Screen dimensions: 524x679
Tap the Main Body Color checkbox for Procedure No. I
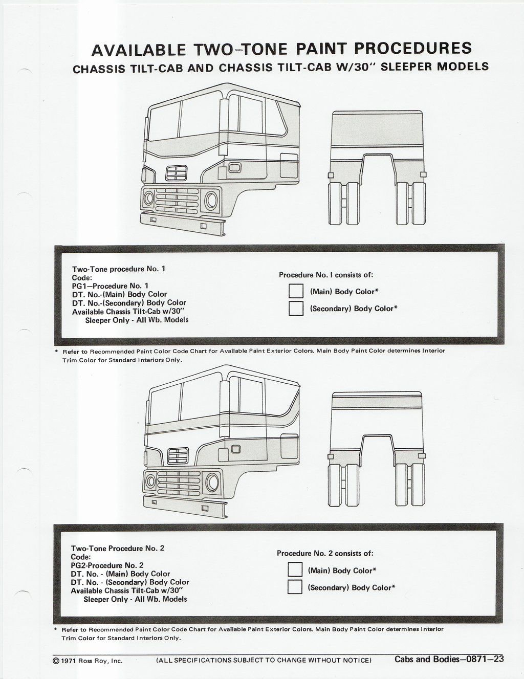click(x=296, y=291)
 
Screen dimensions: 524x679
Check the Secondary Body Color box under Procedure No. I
click(x=296, y=309)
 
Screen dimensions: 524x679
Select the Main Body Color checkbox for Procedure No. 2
click(x=295, y=569)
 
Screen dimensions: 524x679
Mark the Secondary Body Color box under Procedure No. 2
click(x=295, y=586)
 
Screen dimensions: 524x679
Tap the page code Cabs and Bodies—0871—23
click(x=449, y=659)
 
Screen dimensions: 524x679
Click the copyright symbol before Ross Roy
click(x=56, y=661)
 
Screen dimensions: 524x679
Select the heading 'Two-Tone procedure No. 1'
click(x=119, y=269)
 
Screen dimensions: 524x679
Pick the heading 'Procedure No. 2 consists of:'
click(x=325, y=553)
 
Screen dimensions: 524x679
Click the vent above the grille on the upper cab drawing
click(x=177, y=173)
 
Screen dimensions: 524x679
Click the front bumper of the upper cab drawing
click(x=183, y=224)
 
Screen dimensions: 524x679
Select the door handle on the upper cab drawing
click(x=235, y=168)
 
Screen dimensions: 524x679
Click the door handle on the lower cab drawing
click(x=235, y=450)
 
